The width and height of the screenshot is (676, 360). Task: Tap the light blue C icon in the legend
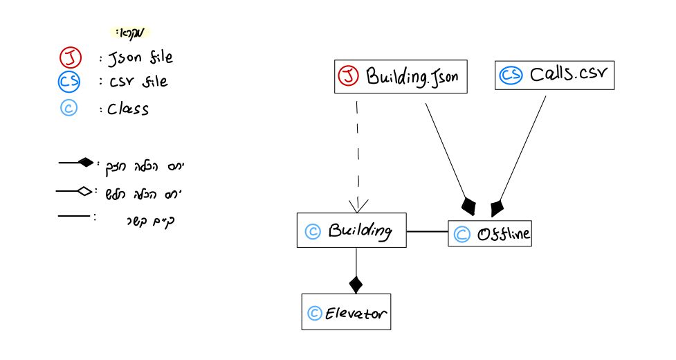point(68,109)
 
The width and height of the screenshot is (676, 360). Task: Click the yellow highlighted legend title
point(129,33)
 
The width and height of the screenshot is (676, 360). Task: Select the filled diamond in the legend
point(85,163)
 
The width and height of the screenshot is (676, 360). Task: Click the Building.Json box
point(403,75)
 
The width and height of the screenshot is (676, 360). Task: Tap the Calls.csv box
point(554,74)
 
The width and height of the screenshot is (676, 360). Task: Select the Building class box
point(351,231)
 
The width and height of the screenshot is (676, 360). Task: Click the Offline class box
point(489,234)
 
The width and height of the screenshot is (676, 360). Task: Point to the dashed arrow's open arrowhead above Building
point(358,206)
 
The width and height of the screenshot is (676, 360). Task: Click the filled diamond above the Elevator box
point(356,283)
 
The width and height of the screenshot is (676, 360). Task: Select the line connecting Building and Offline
point(427,231)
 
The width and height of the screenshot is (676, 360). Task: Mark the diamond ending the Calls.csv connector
point(496,207)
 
